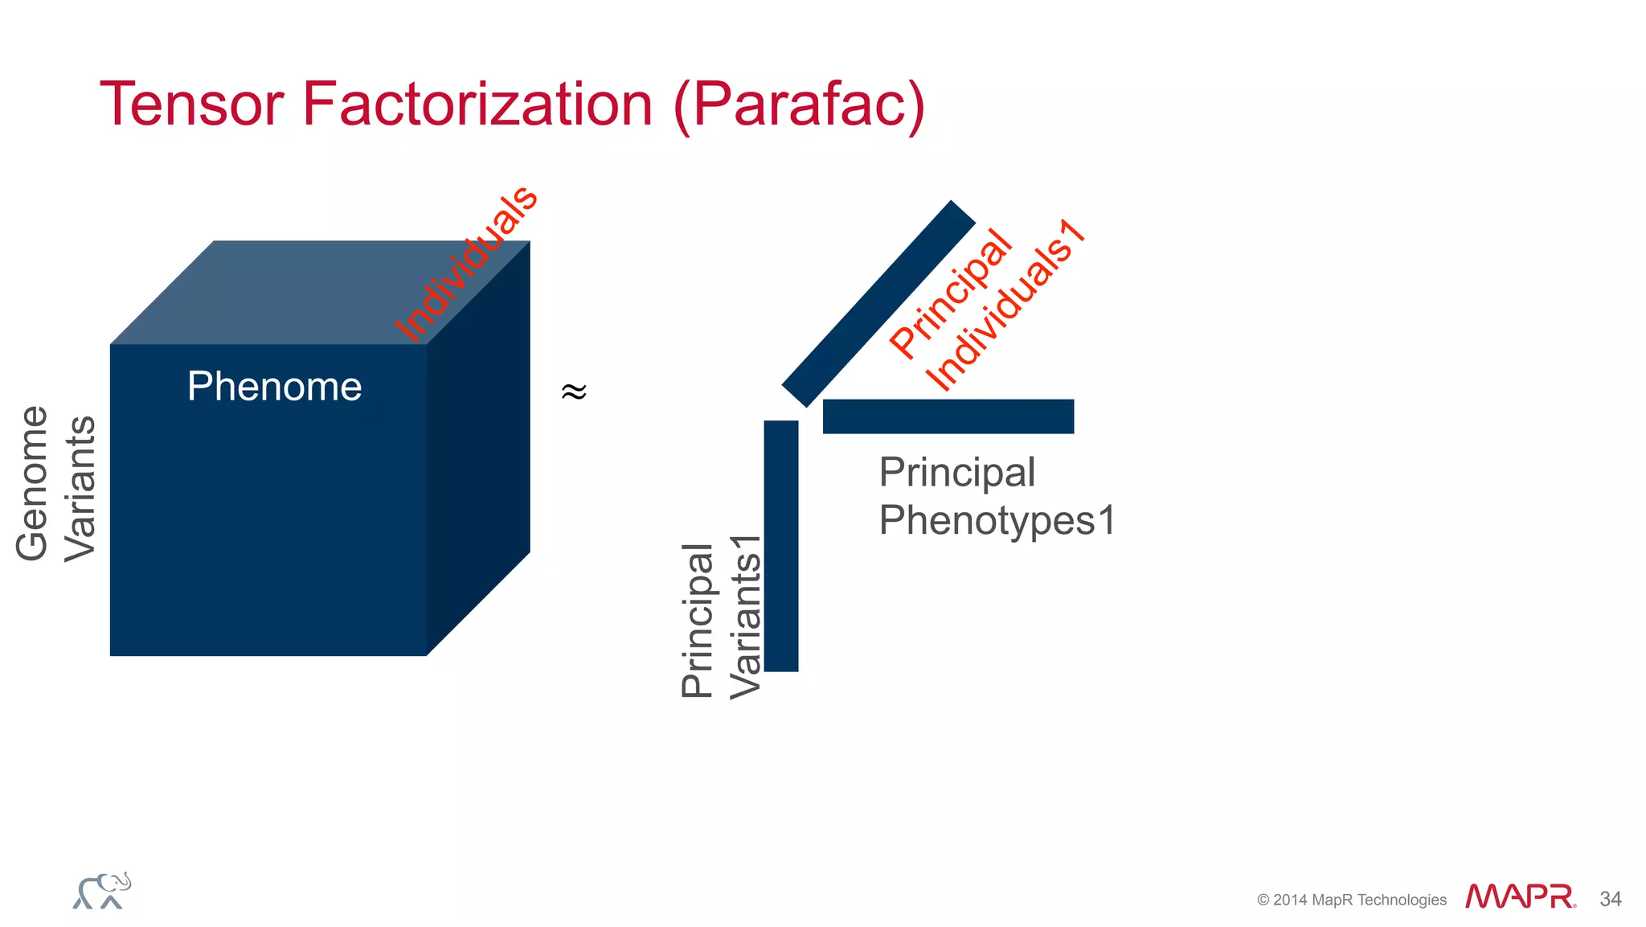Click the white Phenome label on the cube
click(274, 387)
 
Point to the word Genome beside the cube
click(32, 483)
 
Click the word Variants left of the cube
click(80, 489)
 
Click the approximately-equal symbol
click(574, 392)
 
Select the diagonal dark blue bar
click(878, 303)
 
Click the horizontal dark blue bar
click(948, 416)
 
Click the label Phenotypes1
click(997, 520)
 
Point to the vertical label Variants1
click(745, 617)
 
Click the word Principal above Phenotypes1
click(957, 472)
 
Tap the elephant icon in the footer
click(102, 891)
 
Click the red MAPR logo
click(1520, 896)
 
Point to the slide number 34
click(1611, 899)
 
